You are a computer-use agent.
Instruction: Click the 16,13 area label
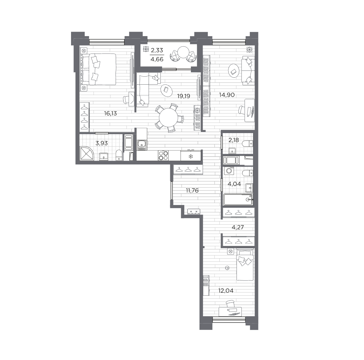click(x=110, y=113)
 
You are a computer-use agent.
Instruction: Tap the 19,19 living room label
click(x=183, y=96)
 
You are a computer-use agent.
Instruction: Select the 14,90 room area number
click(x=227, y=95)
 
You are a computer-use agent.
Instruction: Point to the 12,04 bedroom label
click(x=226, y=290)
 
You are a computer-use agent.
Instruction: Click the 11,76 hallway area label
click(x=192, y=190)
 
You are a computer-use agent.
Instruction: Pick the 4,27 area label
click(x=238, y=227)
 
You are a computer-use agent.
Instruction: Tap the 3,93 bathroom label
click(x=101, y=143)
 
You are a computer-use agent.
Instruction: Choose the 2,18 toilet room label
click(x=234, y=140)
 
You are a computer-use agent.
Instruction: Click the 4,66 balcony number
click(x=157, y=59)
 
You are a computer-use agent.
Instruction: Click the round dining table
click(x=169, y=118)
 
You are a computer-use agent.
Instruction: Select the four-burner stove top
click(x=163, y=155)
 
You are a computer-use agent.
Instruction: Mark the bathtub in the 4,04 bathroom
click(x=238, y=199)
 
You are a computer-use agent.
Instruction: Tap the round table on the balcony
click(x=183, y=52)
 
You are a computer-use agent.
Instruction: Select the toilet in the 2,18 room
click(x=247, y=144)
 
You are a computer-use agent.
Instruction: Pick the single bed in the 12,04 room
click(x=244, y=265)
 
